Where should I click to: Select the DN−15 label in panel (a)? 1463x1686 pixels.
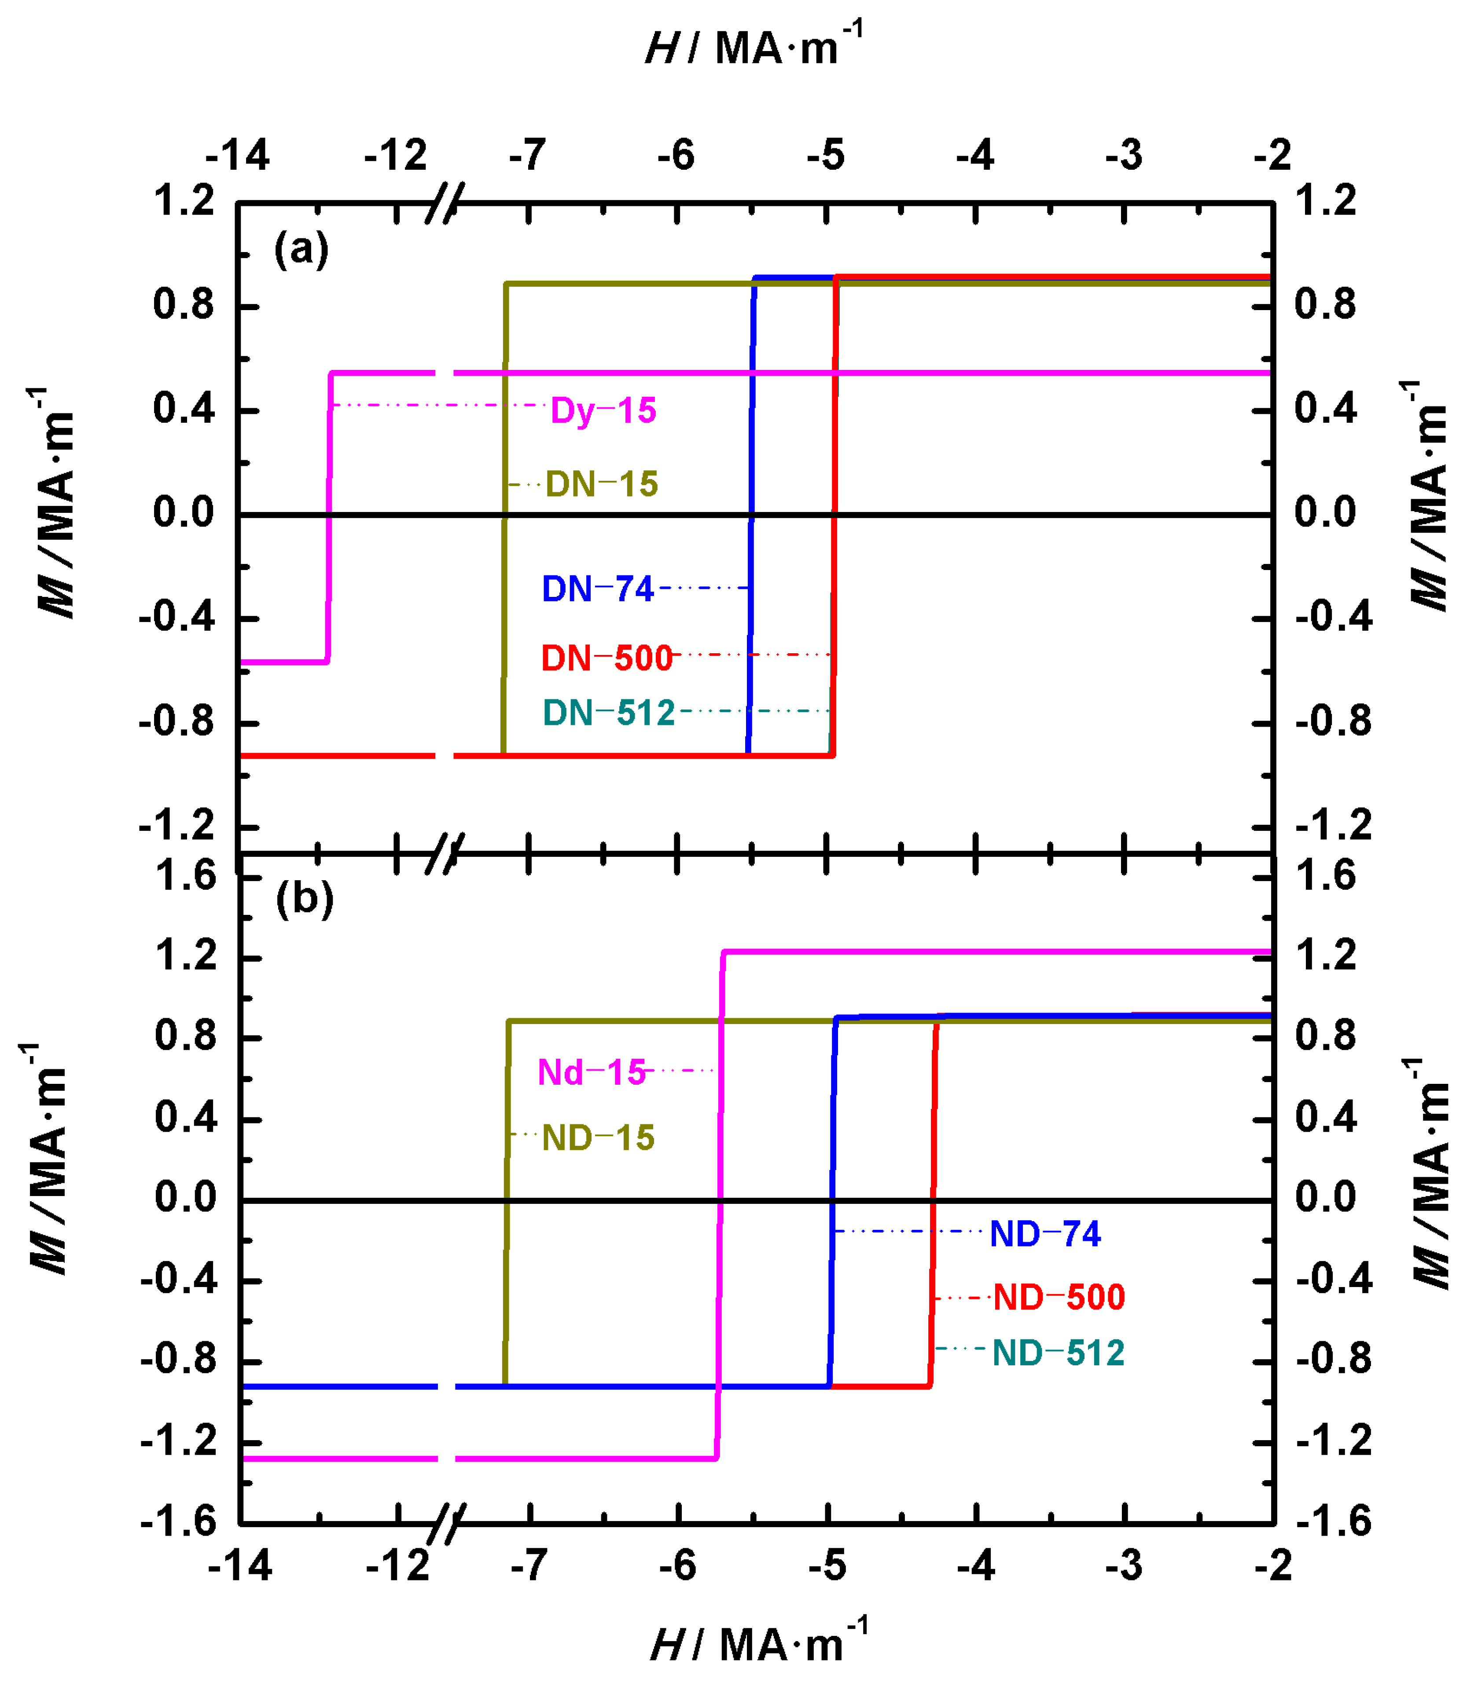coord(602,485)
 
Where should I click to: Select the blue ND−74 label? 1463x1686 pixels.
coord(1045,1234)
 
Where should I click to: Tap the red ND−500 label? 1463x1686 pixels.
coord(1059,1298)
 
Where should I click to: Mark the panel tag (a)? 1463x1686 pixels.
coord(301,248)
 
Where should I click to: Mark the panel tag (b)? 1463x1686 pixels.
coord(305,899)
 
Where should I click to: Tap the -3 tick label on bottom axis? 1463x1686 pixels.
coord(1124,1565)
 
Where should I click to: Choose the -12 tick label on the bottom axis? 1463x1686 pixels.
coord(397,1565)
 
